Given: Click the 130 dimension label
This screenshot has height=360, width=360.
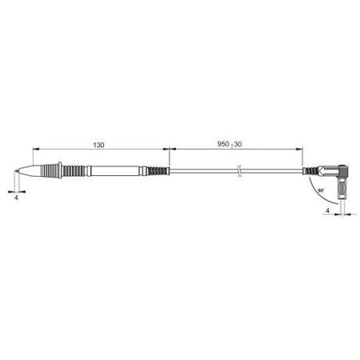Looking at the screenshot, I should coord(98,146).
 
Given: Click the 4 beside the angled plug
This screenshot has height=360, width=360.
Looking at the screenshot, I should coord(328,211).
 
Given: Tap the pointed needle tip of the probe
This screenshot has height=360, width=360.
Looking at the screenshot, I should coord(15,172).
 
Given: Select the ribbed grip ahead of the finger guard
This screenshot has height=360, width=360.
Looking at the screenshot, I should coord(42,171).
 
